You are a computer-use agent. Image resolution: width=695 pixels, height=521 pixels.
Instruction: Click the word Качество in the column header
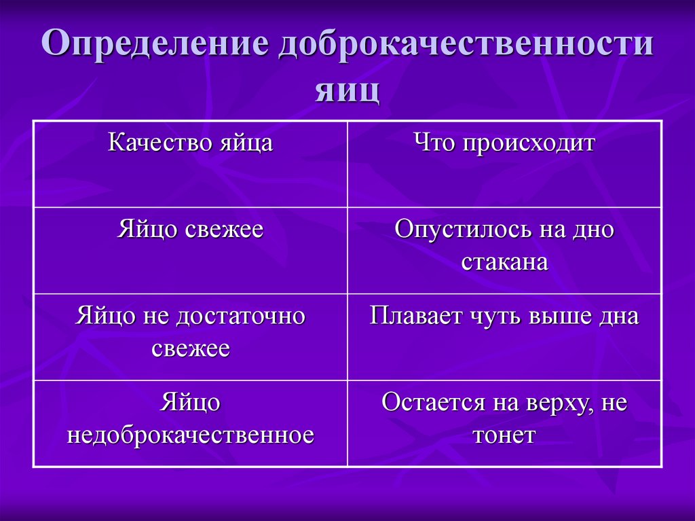159,144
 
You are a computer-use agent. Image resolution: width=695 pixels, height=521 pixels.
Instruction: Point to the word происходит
529,144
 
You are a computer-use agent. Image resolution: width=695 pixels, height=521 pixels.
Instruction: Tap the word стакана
504,262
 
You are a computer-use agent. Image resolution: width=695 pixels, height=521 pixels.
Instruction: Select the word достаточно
241,317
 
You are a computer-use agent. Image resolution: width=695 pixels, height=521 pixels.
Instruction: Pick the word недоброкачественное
190,435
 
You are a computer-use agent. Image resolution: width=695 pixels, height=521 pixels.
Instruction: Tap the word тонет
504,435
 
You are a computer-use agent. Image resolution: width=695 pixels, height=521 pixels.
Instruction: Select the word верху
559,403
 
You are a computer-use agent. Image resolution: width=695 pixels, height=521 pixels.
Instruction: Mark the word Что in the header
432,144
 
